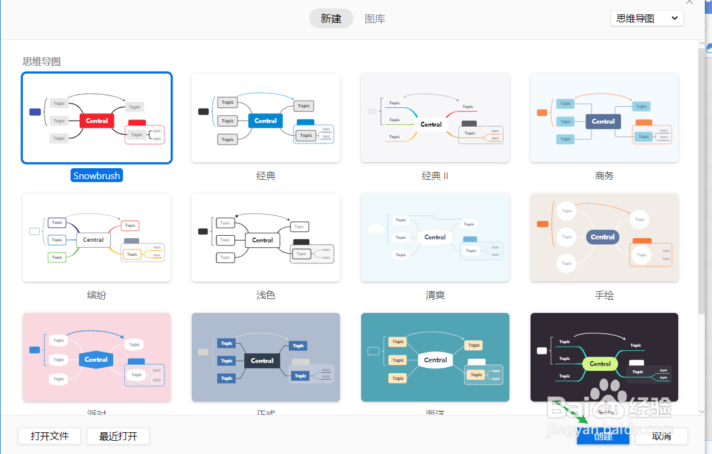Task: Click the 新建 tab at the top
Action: click(x=331, y=19)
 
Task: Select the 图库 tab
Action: click(x=375, y=19)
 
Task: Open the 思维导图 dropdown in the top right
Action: click(x=647, y=19)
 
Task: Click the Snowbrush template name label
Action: click(x=96, y=176)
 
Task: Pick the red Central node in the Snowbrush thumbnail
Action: click(x=97, y=121)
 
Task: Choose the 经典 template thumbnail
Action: click(x=266, y=118)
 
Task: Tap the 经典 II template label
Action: click(x=435, y=176)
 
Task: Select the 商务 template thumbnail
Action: click(x=604, y=118)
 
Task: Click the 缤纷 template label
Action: click(x=96, y=295)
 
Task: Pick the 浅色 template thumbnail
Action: click(x=266, y=238)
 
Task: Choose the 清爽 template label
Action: click(x=435, y=295)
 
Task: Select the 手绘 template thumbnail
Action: click(x=604, y=238)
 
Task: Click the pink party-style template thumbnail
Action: click(x=96, y=357)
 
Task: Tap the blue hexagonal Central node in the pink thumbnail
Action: click(x=96, y=359)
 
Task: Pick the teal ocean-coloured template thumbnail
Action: click(x=435, y=357)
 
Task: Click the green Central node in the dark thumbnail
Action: click(x=600, y=364)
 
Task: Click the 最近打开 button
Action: click(x=118, y=436)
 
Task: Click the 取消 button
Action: click(x=661, y=436)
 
